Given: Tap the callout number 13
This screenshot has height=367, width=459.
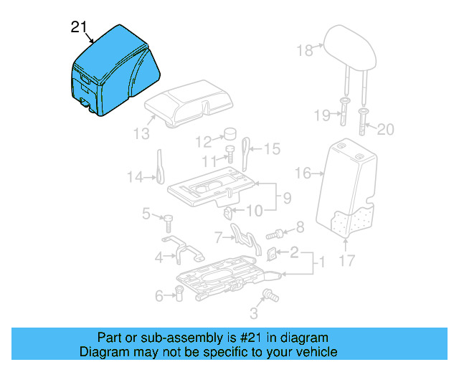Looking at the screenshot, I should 141,133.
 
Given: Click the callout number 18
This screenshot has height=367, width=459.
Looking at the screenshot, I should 306,50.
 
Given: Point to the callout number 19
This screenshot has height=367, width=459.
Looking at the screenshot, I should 323,115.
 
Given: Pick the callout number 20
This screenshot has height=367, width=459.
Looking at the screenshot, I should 386,130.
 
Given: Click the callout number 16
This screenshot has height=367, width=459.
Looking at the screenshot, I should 303,173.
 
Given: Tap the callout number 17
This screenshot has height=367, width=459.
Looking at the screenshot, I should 346,262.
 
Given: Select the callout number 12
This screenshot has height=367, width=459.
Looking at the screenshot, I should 204,140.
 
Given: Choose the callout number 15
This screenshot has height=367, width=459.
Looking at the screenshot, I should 271,149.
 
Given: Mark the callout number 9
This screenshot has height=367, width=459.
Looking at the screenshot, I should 286,197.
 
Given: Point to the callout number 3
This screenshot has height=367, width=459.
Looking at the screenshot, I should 253,313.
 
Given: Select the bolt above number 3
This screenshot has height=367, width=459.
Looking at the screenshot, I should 271,294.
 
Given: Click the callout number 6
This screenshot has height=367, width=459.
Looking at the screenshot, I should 158,295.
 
